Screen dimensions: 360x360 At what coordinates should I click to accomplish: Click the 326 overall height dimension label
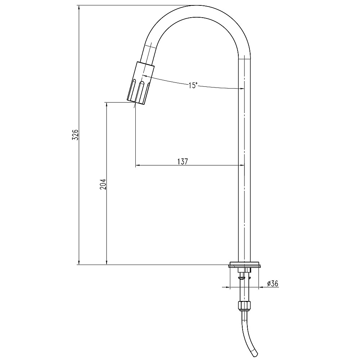point(76,135)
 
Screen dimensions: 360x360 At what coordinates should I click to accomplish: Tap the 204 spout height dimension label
point(103,184)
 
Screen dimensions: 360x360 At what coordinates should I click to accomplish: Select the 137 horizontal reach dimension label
point(183,161)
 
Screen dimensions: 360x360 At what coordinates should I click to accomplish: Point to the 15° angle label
point(193,85)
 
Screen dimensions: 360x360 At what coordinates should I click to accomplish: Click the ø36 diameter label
point(273,284)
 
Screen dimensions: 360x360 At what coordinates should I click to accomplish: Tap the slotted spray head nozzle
point(140,84)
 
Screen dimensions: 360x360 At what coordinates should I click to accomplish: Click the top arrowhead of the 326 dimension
point(79,7)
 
